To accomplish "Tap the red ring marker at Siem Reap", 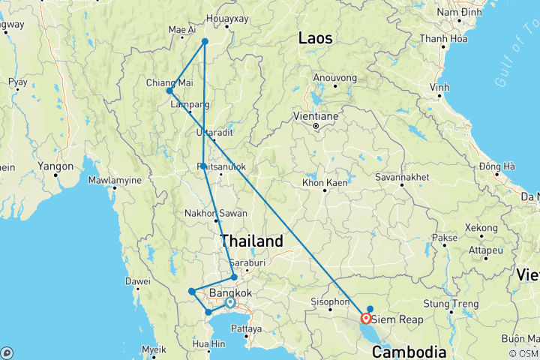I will [366, 318].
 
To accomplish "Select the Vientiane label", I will [316, 116].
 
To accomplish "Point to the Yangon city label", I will [57, 166].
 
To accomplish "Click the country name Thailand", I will [252, 241].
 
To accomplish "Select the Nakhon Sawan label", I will [216, 214].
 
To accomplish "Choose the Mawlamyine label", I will [115, 180].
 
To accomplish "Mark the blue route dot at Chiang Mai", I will [169, 91].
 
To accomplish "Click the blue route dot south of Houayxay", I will [205, 41].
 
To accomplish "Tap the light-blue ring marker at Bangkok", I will [229, 302].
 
